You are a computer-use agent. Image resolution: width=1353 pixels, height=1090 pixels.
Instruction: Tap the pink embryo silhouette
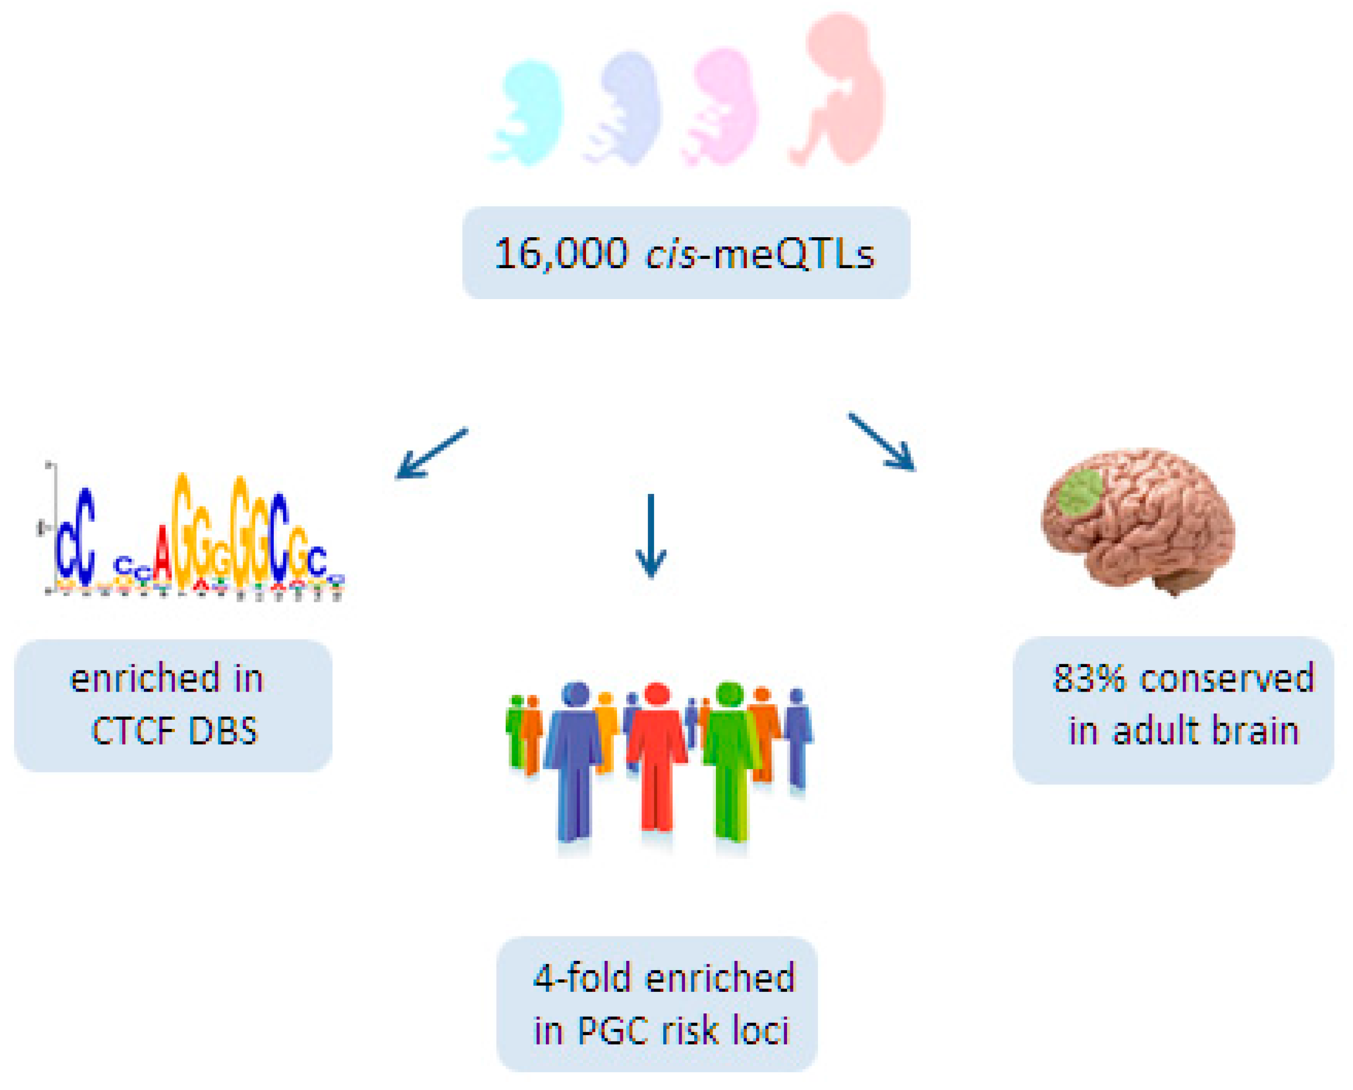[x=726, y=107]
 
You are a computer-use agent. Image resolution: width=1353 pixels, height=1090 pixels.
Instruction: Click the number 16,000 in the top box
[x=561, y=254]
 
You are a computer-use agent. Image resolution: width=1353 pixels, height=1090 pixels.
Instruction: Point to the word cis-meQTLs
[x=760, y=254]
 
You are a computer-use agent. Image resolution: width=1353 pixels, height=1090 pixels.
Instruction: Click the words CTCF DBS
[x=174, y=731]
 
